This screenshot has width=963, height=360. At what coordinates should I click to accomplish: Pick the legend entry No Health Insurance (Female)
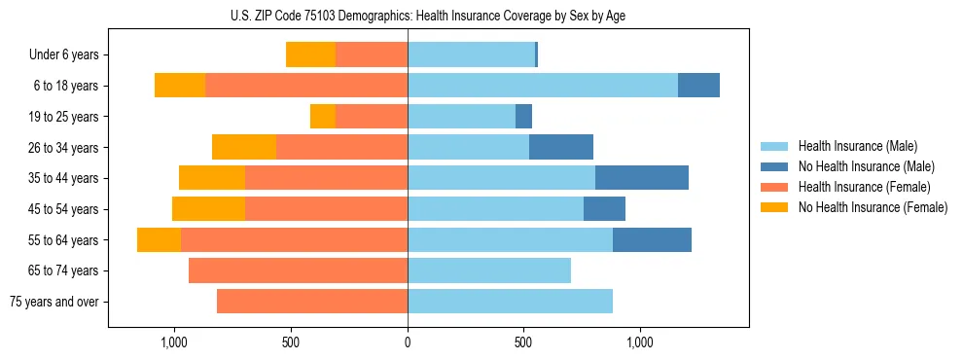(872, 207)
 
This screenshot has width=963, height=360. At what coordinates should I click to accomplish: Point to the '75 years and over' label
(53, 302)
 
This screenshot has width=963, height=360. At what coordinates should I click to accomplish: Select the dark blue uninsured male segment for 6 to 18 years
(698, 86)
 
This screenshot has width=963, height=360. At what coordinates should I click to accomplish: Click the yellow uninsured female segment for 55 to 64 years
(159, 240)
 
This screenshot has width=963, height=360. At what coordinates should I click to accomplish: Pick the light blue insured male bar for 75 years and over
(510, 302)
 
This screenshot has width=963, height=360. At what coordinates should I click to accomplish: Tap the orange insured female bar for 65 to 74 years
(298, 270)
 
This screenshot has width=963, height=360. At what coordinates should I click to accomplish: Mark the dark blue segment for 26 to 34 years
(560, 147)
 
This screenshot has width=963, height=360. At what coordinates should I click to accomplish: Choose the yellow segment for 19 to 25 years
(323, 117)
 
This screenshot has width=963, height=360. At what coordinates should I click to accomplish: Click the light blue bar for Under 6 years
(471, 55)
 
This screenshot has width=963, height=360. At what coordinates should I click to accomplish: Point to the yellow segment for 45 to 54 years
(208, 209)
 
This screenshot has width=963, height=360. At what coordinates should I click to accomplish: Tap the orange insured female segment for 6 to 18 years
(306, 86)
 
